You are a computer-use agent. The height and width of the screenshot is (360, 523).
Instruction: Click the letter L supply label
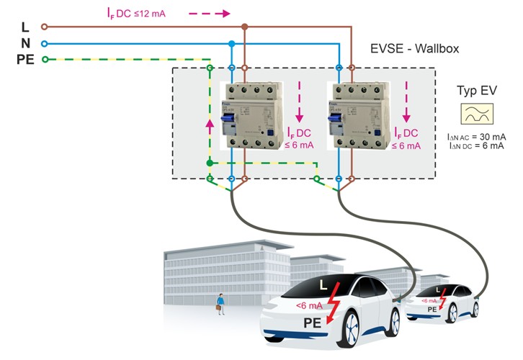point(25,27)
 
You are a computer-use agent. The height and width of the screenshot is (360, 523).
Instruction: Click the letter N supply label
point(25,43)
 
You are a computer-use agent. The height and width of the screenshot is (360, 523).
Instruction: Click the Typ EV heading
point(474,91)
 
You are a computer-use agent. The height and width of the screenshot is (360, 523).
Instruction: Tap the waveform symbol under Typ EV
point(474,115)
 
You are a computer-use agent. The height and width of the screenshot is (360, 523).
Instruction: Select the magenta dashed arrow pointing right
point(210,13)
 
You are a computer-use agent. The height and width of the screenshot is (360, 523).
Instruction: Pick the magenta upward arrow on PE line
point(210,127)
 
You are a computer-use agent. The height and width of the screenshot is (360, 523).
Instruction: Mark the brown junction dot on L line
point(245,27)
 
